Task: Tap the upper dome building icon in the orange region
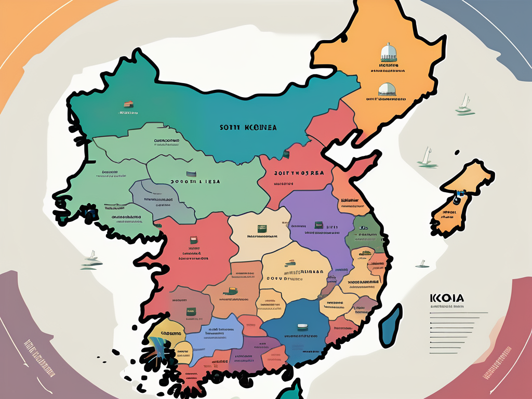(388, 52)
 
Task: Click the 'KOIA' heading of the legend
(447, 298)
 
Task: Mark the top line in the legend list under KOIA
(457, 313)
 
